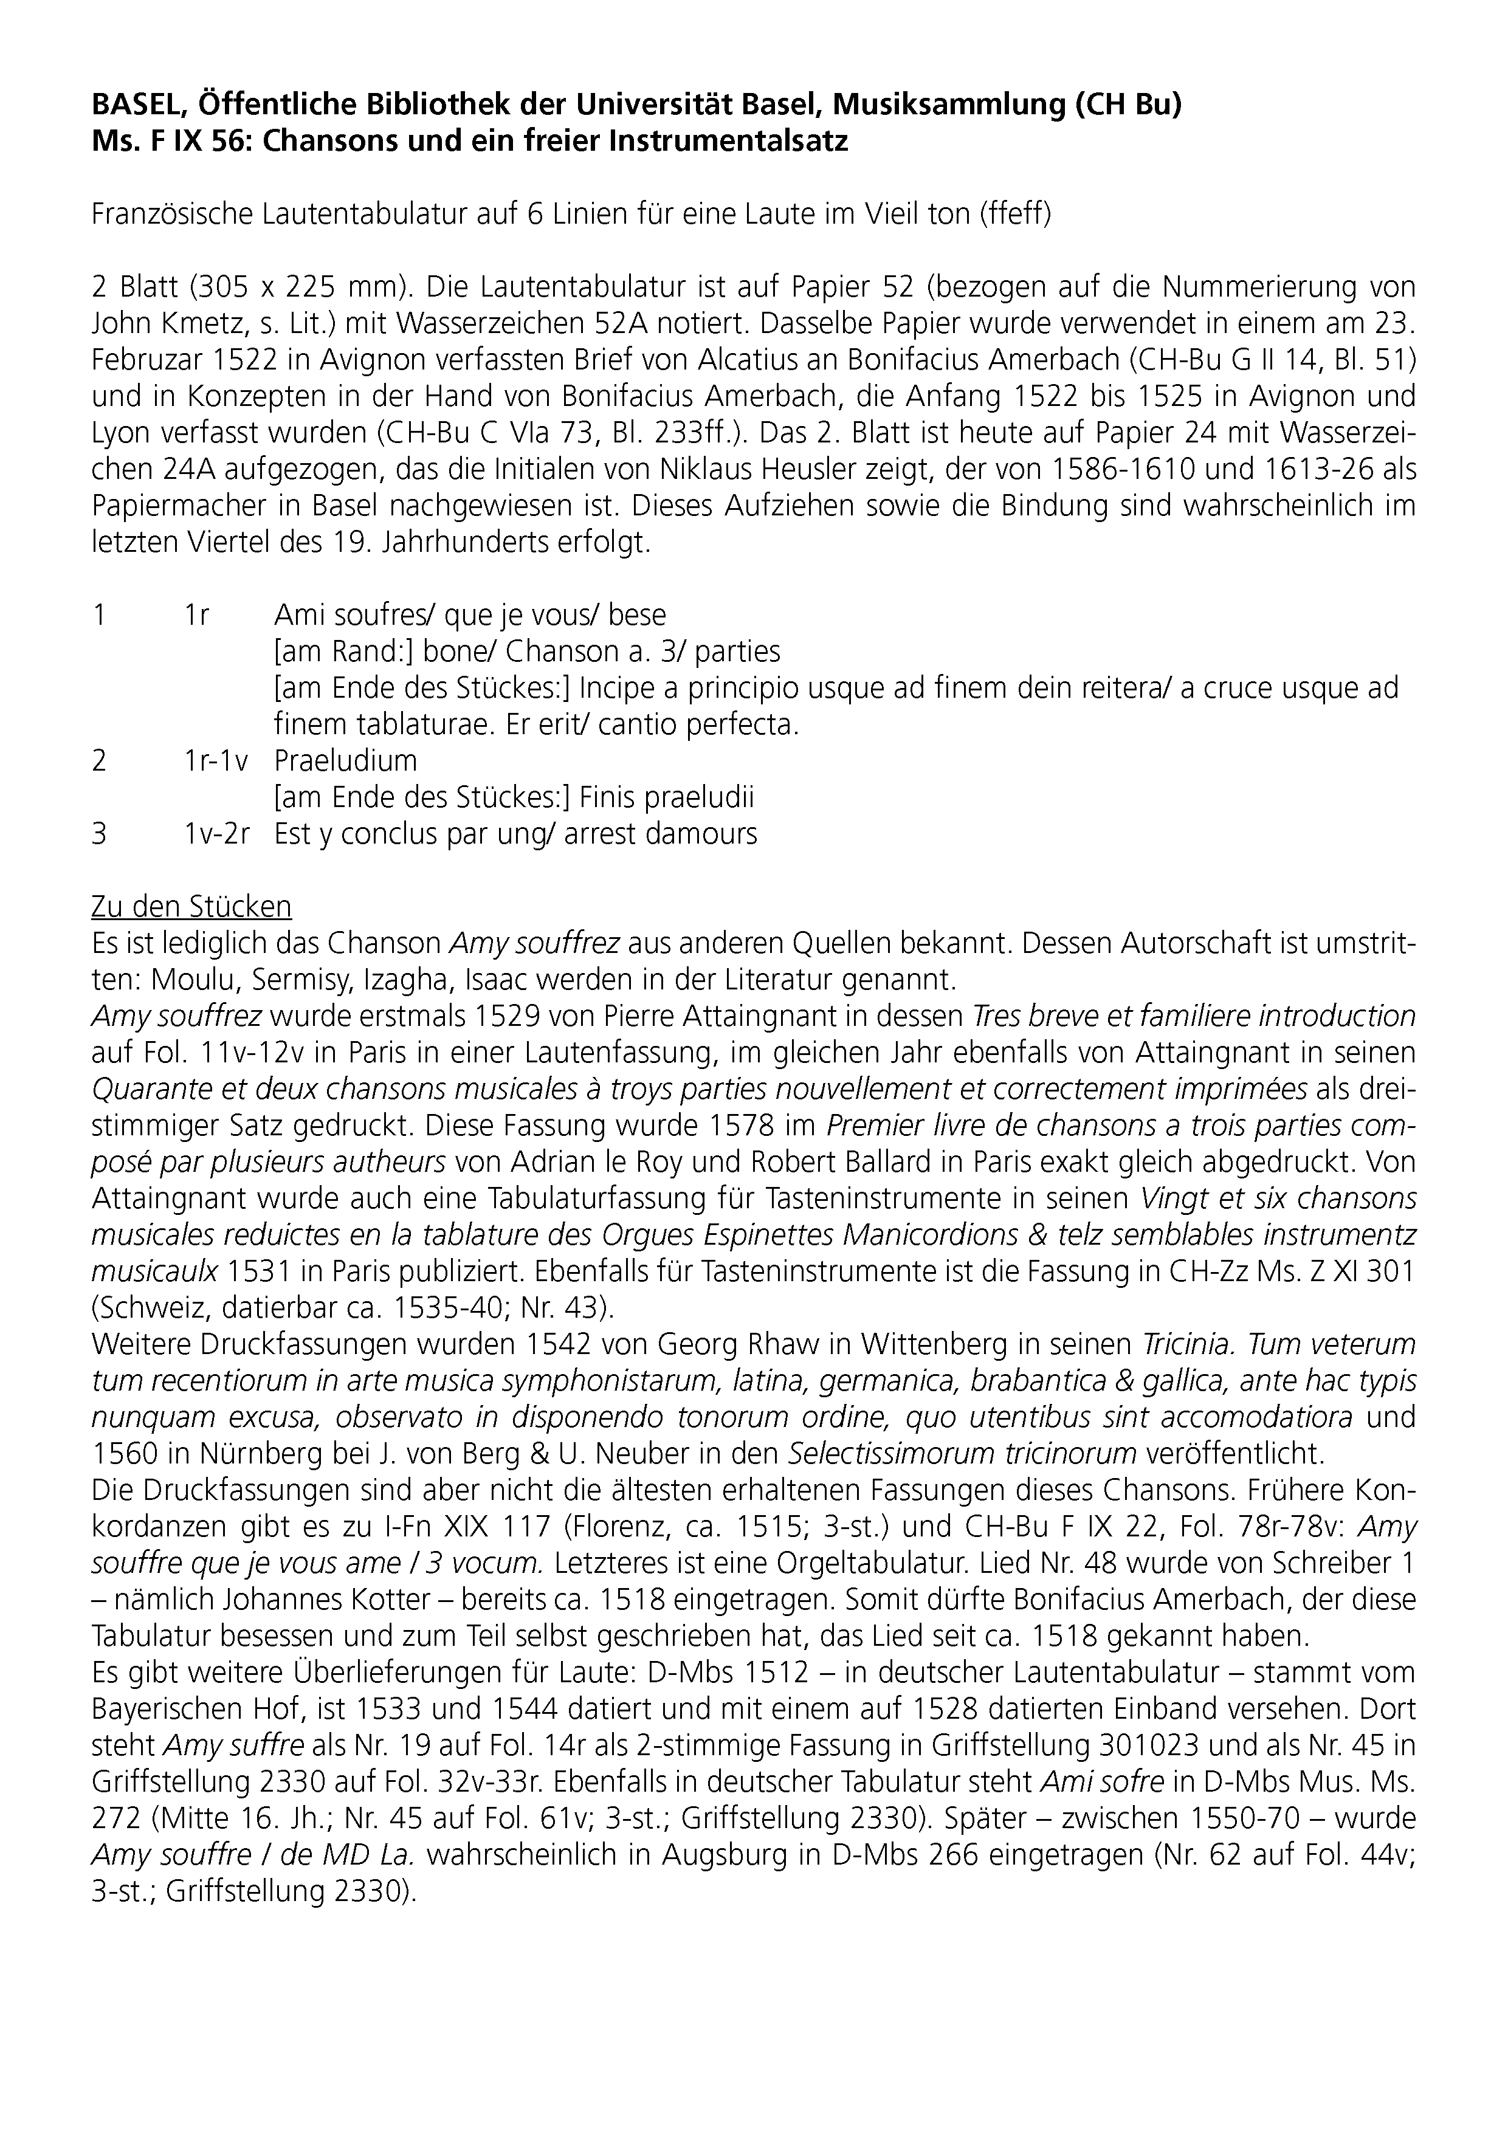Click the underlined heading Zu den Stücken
(x=191, y=906)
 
